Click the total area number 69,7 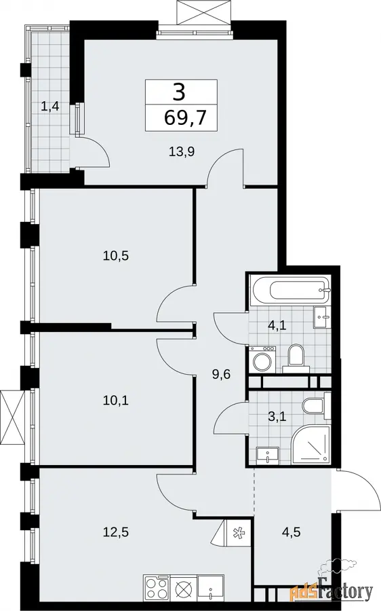(x=185, y=117)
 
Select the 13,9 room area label (x=182, y=151)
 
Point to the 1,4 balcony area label (x=50, y=106)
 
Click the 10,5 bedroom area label (x=115, y=256)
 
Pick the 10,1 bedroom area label (x=115, y=400)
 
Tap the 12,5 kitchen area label (x=115, y=532)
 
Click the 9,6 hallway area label (x=222, y=375)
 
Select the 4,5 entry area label (x=292, y=532)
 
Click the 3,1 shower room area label (x=277, y=417)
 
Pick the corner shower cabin (x=311, y=445)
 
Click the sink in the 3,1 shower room (x=267, y=456)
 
